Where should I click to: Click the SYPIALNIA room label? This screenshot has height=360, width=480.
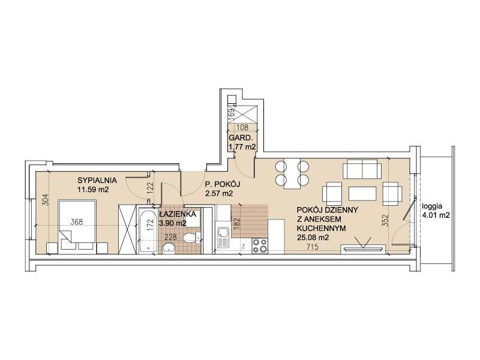point(97,180)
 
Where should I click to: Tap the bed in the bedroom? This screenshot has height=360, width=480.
point(77,227)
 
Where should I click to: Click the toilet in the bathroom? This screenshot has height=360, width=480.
point(193,237)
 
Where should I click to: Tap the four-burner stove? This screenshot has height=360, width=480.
point(260,246)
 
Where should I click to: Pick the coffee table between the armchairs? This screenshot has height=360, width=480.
point(362,194)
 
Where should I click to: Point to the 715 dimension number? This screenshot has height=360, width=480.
point(313,247)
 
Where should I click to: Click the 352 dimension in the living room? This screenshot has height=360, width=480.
point(385,220)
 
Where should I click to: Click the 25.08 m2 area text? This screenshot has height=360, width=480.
point(313,237)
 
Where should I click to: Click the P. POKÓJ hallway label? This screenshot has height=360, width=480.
point(222,184)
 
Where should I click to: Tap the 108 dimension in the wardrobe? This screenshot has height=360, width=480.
point(242,127)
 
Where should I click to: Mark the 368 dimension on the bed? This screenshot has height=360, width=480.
point(77,221)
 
